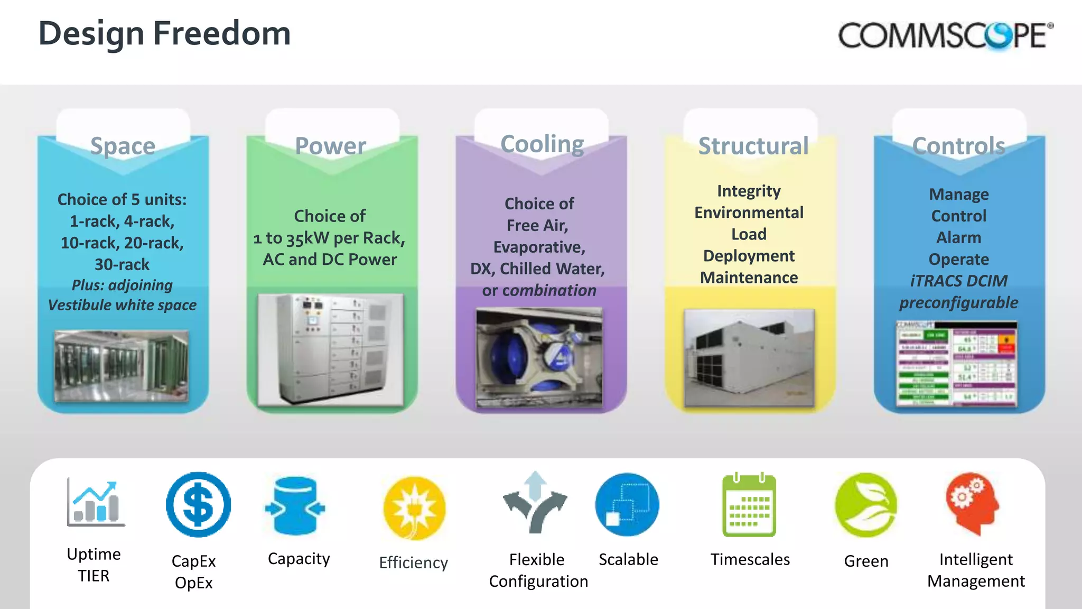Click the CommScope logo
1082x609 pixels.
945,36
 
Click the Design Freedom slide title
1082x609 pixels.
164,34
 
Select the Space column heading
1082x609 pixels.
123,146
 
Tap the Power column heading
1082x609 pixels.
331,146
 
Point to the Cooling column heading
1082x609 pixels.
542,144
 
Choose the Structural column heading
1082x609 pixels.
753,146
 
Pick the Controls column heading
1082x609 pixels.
959,146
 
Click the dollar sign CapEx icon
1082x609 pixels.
198,505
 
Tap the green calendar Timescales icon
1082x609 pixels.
749,505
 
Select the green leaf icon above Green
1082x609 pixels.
866,505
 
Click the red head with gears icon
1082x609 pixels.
974,504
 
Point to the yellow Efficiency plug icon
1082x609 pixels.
415,508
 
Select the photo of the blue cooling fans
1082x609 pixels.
539,358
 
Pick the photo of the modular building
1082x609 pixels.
749,358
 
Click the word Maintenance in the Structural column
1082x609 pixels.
749,278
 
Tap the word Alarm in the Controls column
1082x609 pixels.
959,237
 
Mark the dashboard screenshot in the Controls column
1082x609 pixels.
956,364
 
